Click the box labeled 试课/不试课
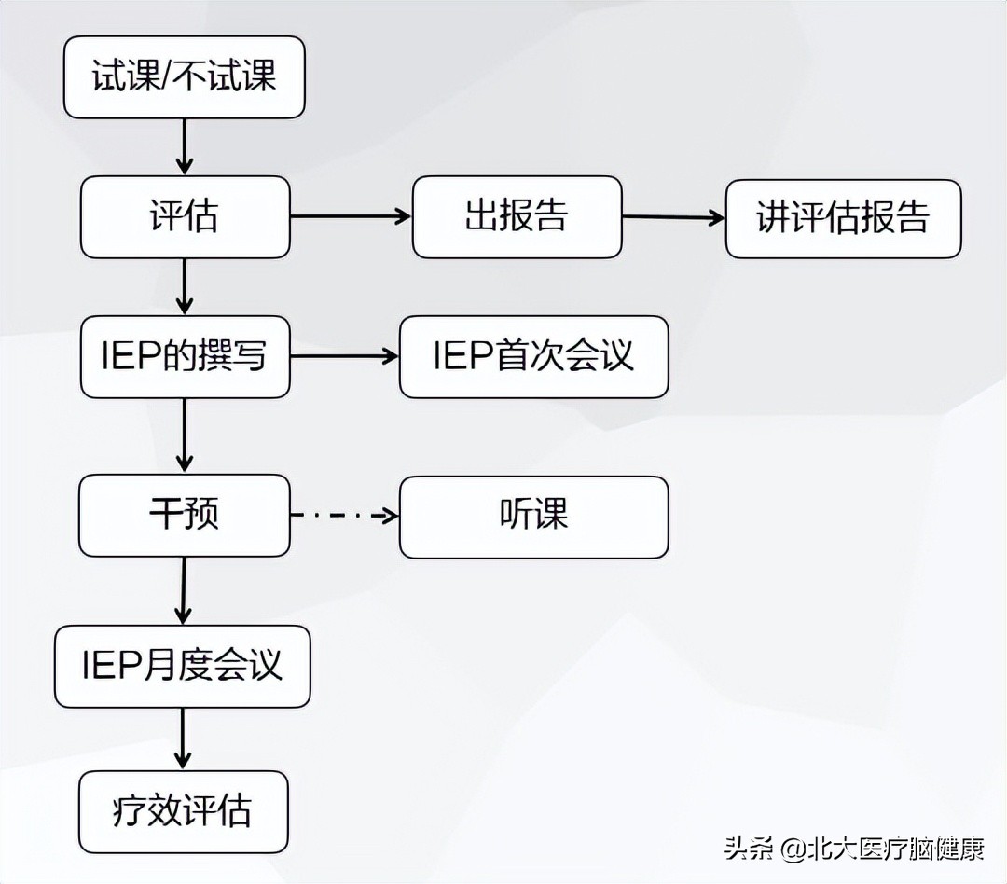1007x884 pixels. (184, 77)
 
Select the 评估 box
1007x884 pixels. (184, 217)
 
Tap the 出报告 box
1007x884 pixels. (517, 217)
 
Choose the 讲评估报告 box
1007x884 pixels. (842, 218)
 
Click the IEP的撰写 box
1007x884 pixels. (184, 357)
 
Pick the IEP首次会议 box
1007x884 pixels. (533, 357)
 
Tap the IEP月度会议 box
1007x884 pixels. (182, 666)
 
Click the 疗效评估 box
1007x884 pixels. (183, 811)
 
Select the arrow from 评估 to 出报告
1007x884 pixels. (351, 216)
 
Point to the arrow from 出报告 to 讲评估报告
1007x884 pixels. (673, 217)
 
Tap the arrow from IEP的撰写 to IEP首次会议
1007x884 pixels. (344, 356)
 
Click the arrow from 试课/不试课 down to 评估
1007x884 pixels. (185, 146)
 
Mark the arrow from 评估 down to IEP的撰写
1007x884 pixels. (185, 286)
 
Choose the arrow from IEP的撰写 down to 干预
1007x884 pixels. (185, 435)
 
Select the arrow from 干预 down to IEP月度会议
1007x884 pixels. (184, 591)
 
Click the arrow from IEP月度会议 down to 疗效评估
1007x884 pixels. (184, 739)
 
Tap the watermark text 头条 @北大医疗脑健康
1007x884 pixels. (853, 849)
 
